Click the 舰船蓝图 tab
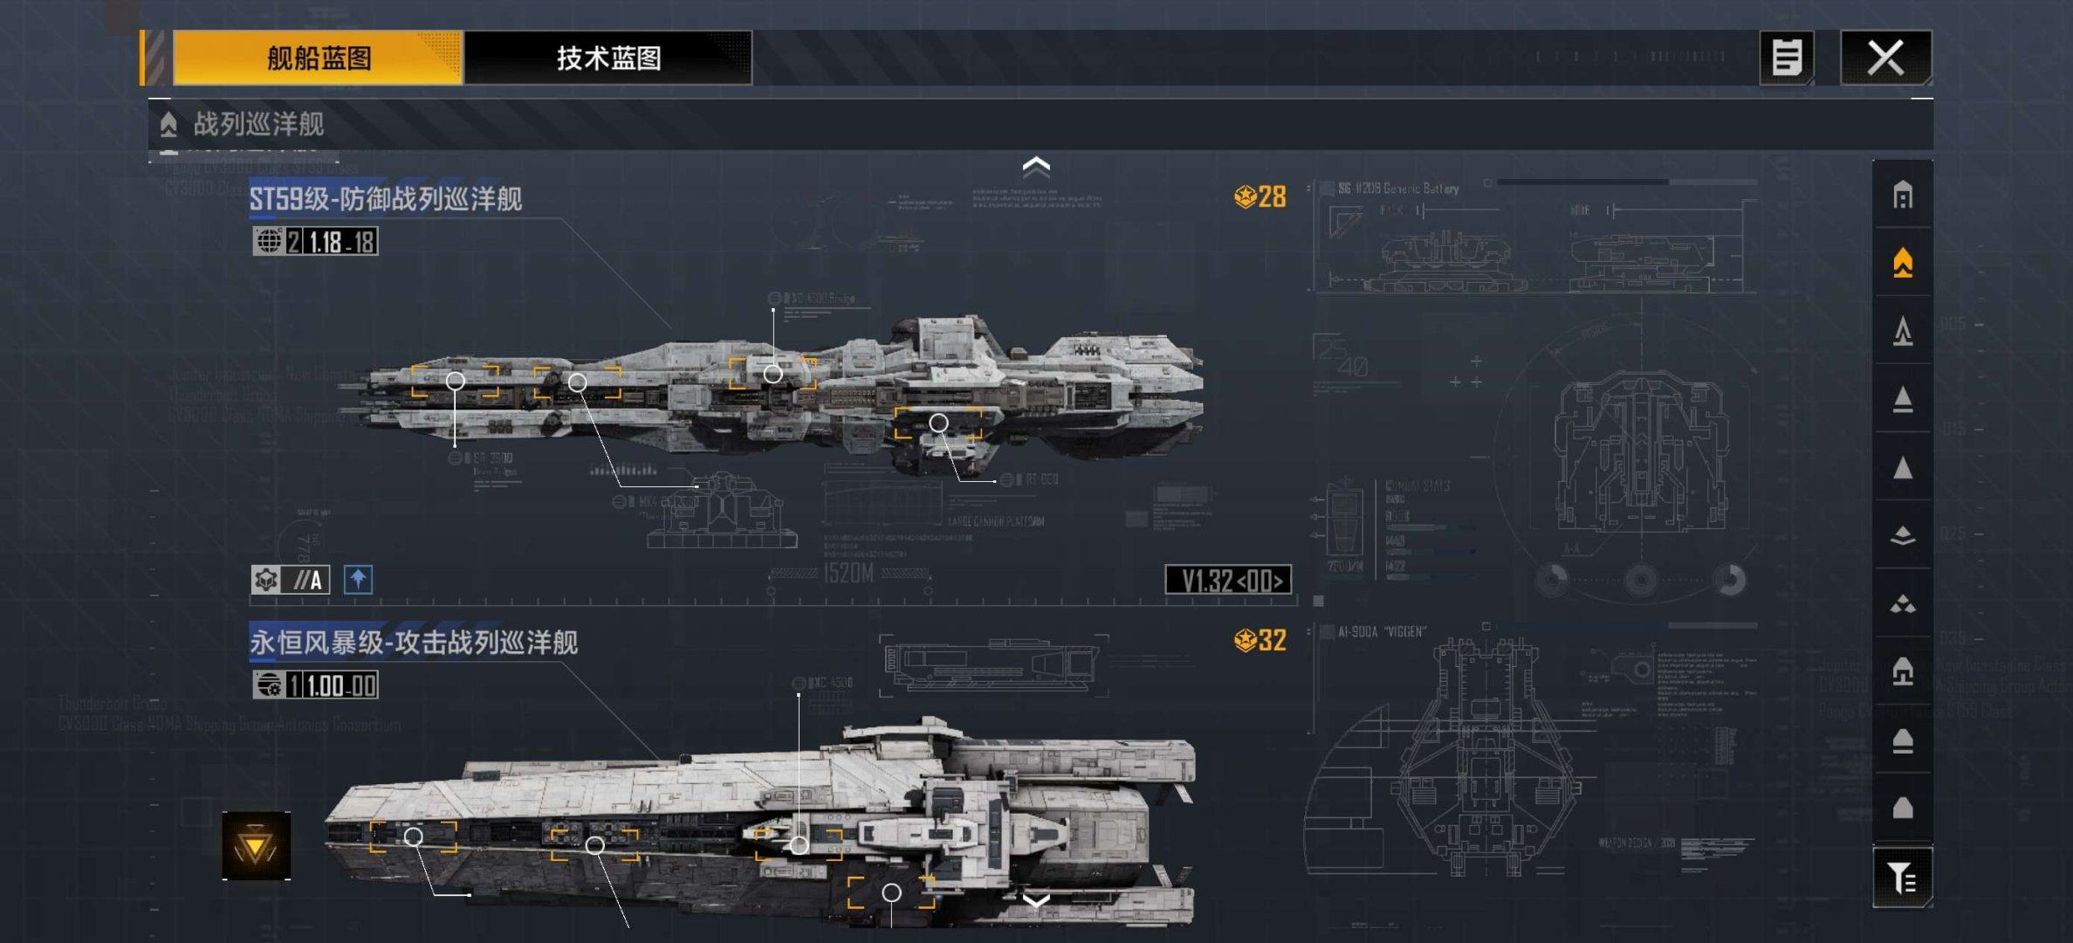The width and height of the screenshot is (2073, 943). click(x=318, y=59)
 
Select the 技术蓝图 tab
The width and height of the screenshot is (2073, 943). click(x=608, y=59)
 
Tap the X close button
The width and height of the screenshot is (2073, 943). click(x=1885, y=59)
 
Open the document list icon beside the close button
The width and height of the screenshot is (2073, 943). click(x=1786, y=59)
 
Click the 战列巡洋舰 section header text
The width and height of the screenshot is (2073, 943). click(x=258, y=124)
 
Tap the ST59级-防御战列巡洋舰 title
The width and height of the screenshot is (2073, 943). click(x=386, y=199)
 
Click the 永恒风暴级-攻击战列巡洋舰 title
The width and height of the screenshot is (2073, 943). click(x=414, y=644)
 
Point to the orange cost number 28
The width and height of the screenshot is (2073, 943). click(x=1272, y=197)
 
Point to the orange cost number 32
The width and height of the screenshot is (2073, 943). click(x=1272, y=641)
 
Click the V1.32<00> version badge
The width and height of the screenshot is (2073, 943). click(x=1228, y=581)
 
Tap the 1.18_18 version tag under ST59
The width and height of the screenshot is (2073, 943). click(x=341, y=242)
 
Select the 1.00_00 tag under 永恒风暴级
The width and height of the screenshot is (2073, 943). click(x=341, y=685)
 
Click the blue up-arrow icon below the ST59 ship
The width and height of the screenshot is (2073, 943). click(x=358, y=580)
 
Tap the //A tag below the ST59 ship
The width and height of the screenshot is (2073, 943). click(x=307, y=580)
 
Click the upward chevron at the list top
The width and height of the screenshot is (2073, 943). click(x=1036, y=166)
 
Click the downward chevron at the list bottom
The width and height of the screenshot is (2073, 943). click(x=1036, y=900)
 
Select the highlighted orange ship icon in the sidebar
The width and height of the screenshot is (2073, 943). click(x=1903, y=263)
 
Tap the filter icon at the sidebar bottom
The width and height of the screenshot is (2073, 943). click(x=1903, y=878)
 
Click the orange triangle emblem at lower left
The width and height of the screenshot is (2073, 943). click(x=256, y=846)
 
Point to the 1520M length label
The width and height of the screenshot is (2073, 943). click(x=848, y=574)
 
